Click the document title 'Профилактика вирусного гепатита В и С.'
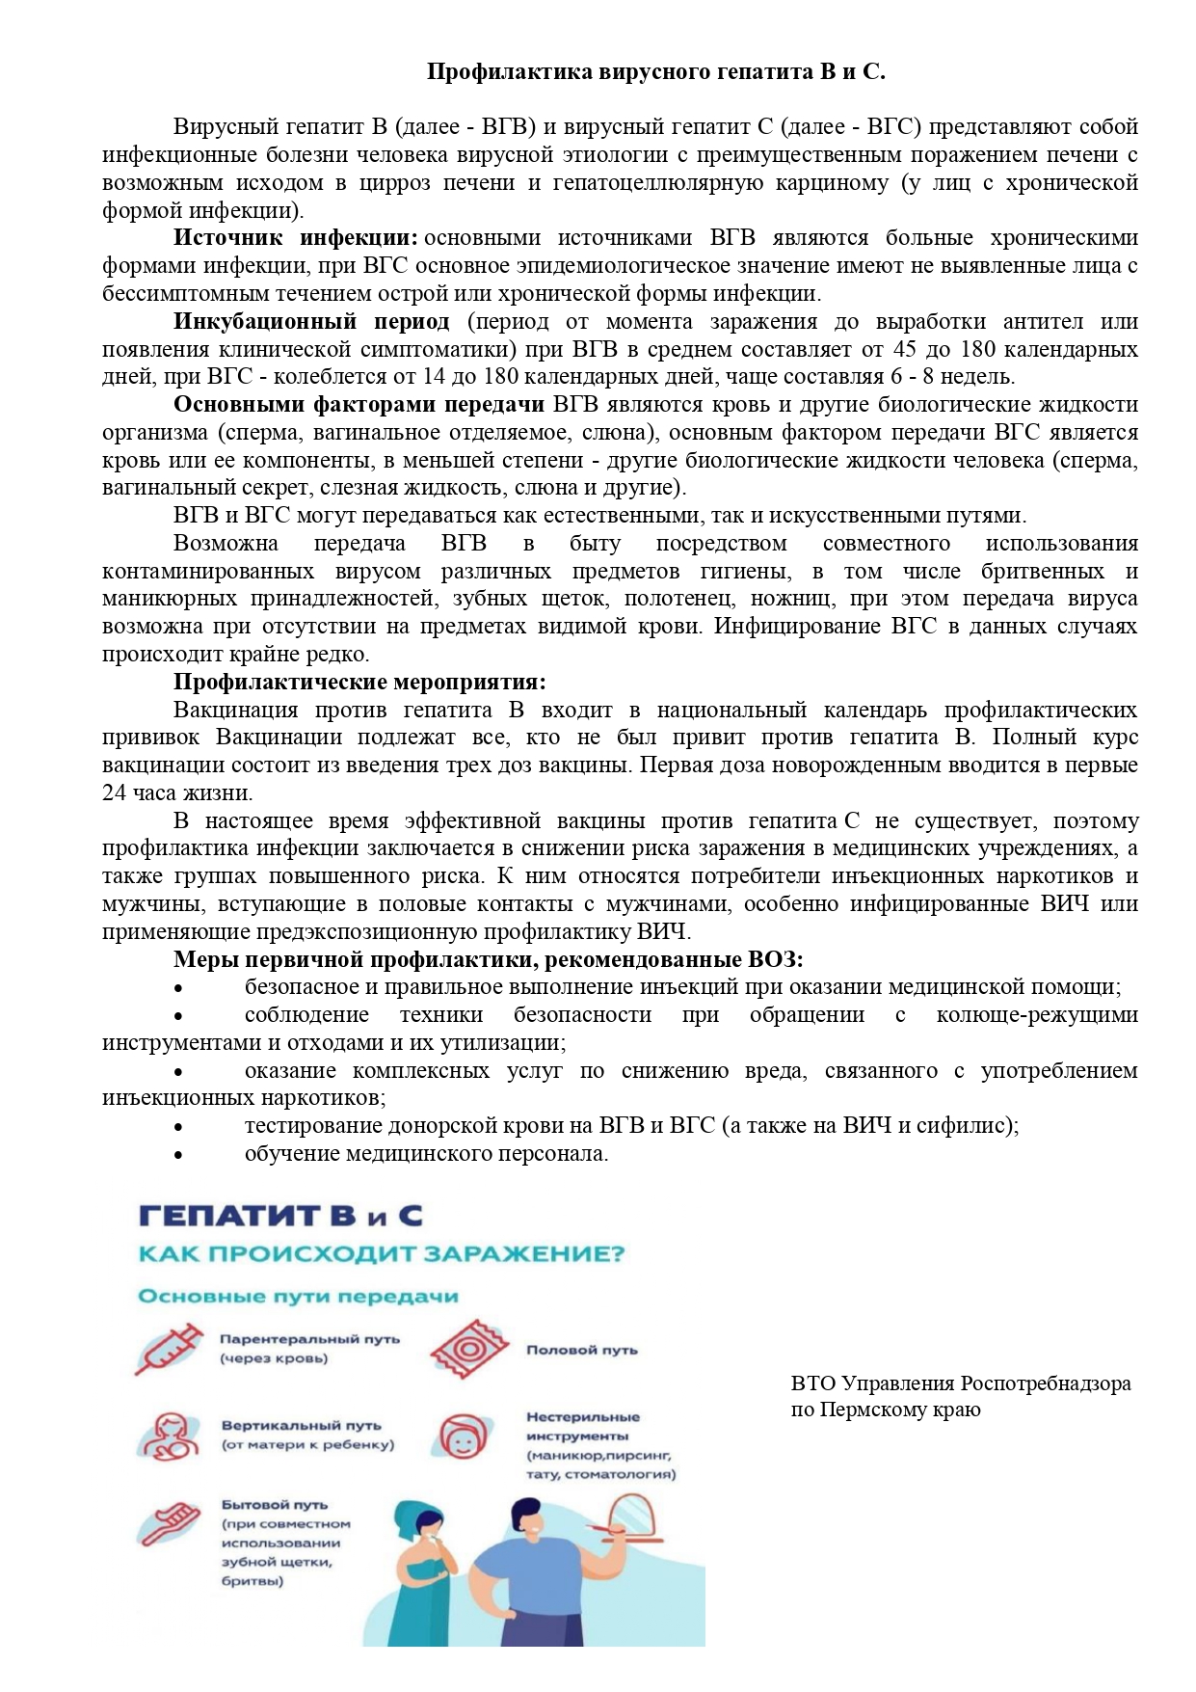[655, 72]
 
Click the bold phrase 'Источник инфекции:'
[295, 238]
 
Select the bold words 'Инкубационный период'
[311, 321]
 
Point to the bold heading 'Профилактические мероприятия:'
[359, 683]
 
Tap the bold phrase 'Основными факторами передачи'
[359, 404]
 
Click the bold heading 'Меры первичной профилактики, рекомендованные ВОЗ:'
[489, 959]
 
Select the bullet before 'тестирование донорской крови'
[177, 1127]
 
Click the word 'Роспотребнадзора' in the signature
[1045, 1383]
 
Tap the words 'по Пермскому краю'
[886, 1410]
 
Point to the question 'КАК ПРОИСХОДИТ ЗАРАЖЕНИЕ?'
[382, 1254]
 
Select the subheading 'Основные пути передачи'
[298, 1296]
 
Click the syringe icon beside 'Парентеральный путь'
[170, 1349]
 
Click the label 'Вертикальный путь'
[302, 1425]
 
